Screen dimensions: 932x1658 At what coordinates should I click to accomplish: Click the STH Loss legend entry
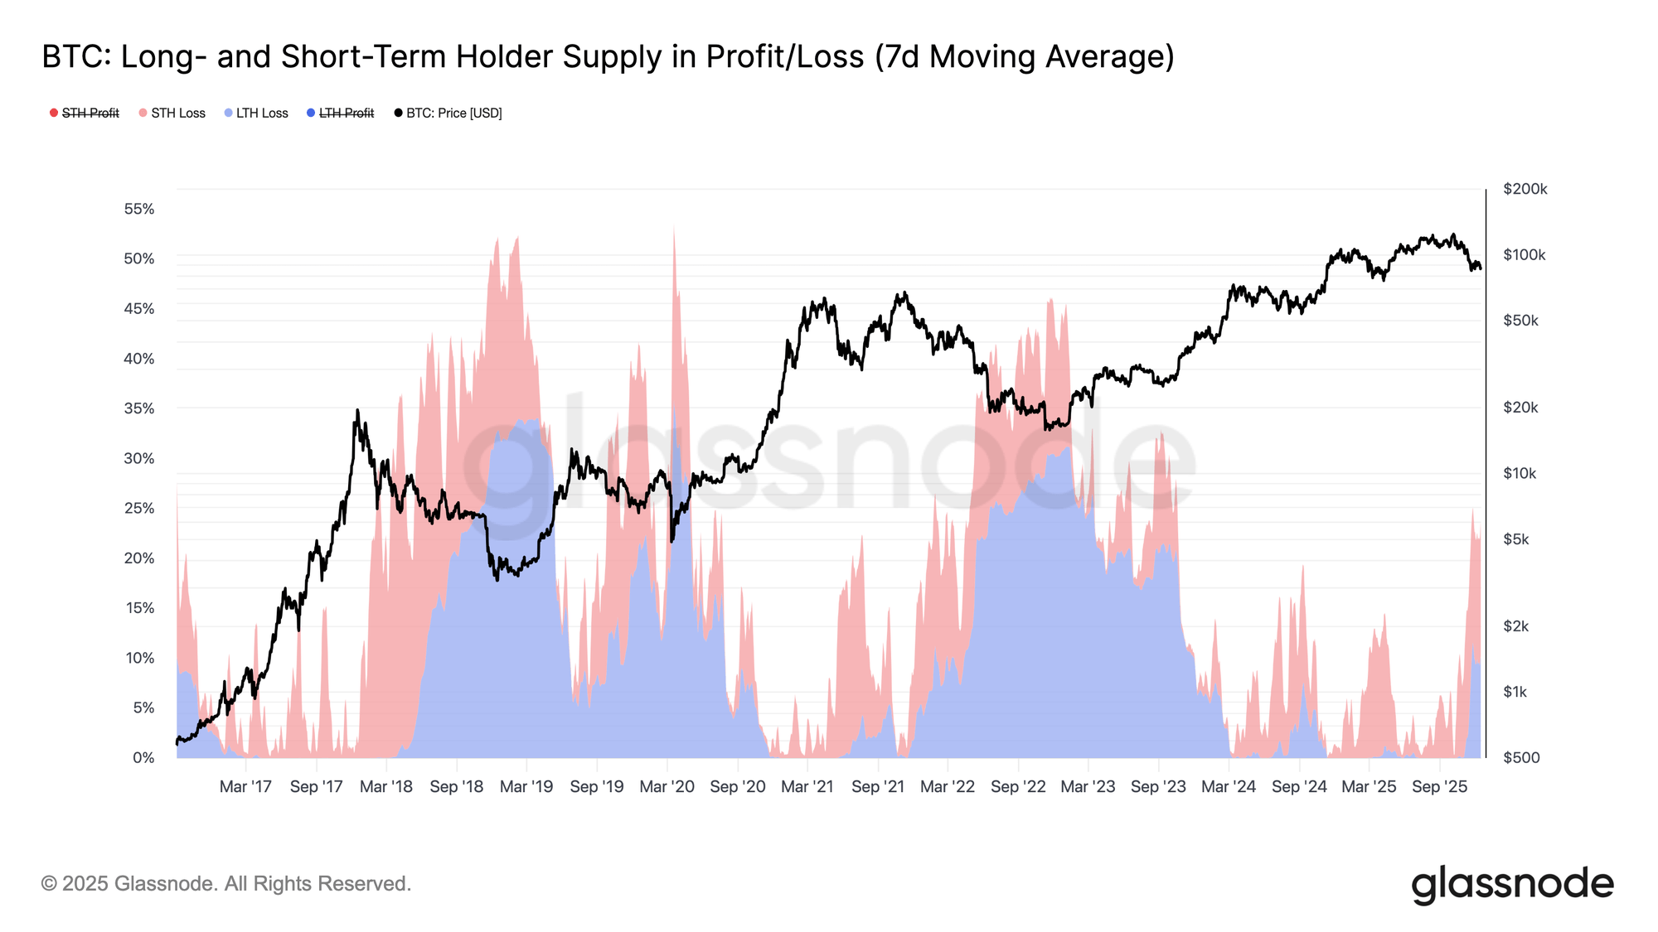click(177, 113)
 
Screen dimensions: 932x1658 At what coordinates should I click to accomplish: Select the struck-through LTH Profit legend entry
click(346, 113)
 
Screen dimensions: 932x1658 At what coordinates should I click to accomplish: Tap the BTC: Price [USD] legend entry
click(453, 113)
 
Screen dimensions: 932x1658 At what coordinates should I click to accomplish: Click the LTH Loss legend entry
click(261, 113)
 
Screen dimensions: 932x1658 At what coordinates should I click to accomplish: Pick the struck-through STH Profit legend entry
click(90, 113)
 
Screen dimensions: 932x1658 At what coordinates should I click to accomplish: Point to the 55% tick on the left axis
click(139, 209)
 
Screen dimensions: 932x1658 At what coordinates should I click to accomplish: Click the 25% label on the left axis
click(139, 508)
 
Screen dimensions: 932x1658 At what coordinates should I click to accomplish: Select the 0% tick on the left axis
click(143, 757)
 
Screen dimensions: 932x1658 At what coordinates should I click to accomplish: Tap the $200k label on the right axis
click(1525, 189)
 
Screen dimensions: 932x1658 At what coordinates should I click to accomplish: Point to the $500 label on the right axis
click(1520, 757)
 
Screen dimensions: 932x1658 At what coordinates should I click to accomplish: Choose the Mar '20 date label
click(667, 786)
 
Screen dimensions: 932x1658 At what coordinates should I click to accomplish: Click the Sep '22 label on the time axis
click(1018, 786)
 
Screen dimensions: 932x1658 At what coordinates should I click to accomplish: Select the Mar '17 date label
click(245, 786)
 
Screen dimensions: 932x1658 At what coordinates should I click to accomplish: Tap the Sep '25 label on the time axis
click(1439, 786)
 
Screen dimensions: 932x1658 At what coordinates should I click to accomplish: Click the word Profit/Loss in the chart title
click(785, 56)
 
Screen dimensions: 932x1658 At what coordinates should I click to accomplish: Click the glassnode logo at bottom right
click(1512, 884)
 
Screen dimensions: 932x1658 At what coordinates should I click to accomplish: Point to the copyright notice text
click(225, 884)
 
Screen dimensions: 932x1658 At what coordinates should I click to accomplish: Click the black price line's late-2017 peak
click(357, 411)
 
